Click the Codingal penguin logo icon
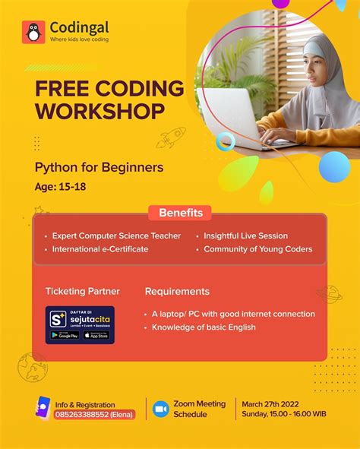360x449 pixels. [33, 32]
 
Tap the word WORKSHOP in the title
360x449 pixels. [99, 112]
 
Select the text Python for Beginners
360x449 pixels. [99, 167]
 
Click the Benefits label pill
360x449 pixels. [179, 213]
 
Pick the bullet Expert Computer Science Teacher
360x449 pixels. [116, 236]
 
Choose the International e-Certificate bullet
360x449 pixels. [100, 248]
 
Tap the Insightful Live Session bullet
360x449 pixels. [245, 236]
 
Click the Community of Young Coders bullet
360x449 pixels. [257, 248]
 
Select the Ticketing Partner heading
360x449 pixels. [82, 291]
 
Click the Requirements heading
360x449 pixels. [177, 291]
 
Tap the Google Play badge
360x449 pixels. [65, 335]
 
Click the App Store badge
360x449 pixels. [96, 335]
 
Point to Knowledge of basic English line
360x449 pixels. [204, 327]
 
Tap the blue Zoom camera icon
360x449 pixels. [161, 409]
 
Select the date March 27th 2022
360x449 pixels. [271, 403]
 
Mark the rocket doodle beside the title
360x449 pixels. [171, 138]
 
